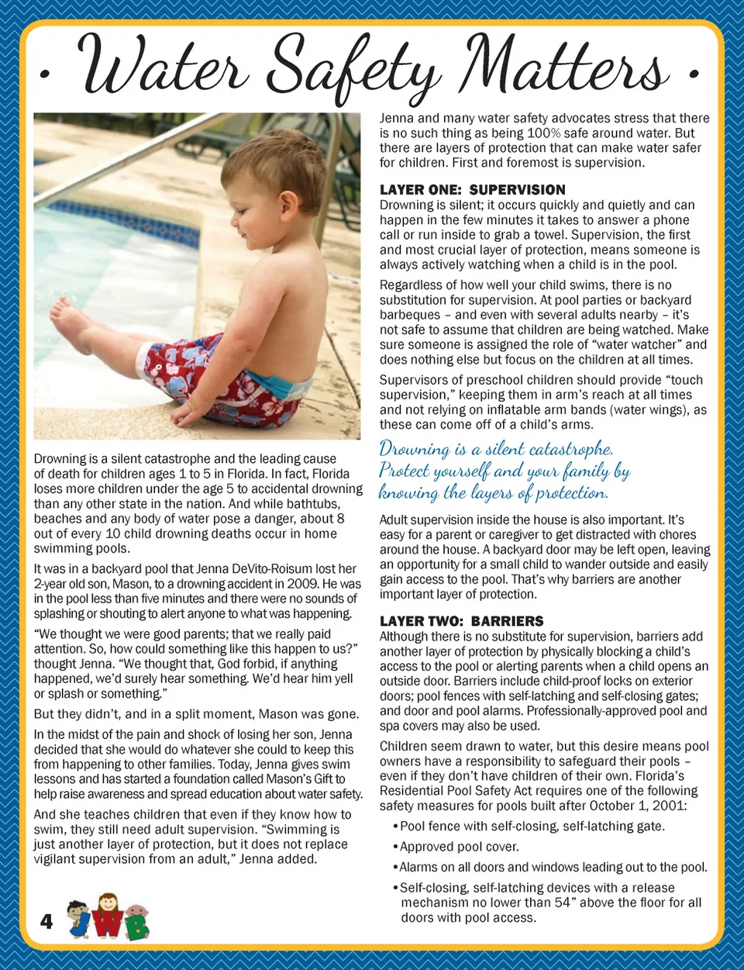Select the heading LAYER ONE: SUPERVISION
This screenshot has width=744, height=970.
click(x=472, y=189)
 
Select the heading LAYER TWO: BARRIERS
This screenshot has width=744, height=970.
click(x=461, y=621)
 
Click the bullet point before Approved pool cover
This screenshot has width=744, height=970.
click(x=395, y=847)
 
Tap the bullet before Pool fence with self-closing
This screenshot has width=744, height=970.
click(x=395, y=827)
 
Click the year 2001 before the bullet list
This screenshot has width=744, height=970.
click(x=668, y=806)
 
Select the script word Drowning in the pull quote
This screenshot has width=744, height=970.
click(x=414, y=449)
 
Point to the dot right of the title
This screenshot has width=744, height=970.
click(x=693, y=74)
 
